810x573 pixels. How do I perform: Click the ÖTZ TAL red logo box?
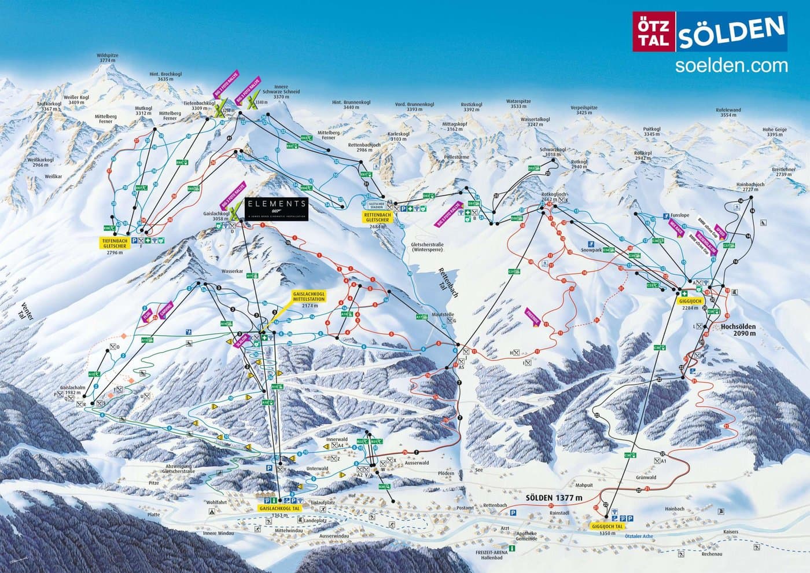652,31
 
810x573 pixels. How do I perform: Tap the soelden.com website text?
731,65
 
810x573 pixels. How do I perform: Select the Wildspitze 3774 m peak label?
108,58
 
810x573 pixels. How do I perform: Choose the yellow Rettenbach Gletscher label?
377,218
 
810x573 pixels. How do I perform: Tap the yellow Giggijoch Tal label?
607,527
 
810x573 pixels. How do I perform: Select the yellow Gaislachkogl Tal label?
279,508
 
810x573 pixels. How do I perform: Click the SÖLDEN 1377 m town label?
554,497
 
